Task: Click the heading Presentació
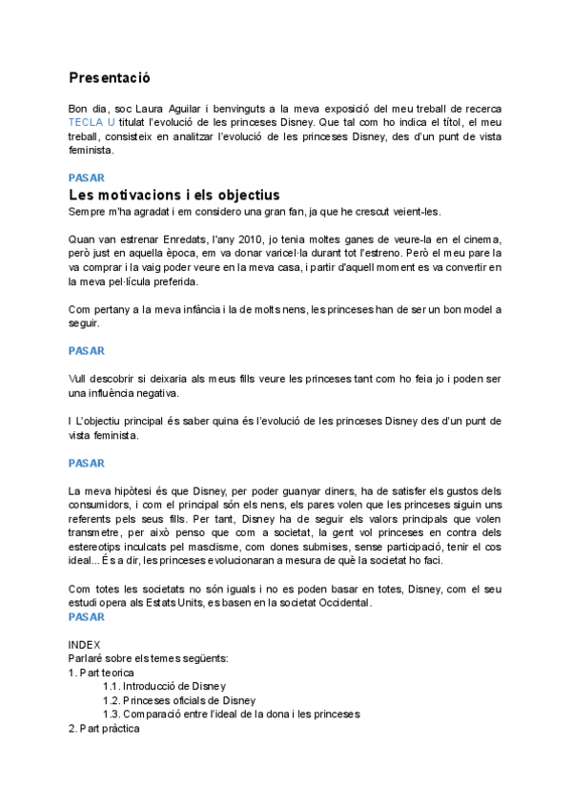[x=109, y=77]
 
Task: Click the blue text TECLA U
[x=93, y=123]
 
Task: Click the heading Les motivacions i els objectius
[x=174, y=195]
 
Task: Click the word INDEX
[x=85, y=645]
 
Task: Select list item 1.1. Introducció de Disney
[x=164, y=686]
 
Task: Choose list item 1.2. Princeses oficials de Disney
[x=179, y=700]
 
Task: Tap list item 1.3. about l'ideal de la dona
[x=231, y=714]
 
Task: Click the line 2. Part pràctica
[x=104, y=728]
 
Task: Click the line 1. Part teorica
[x=101, y=673]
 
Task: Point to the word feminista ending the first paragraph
[x=89, y=150]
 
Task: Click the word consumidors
[x=108, y=505]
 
